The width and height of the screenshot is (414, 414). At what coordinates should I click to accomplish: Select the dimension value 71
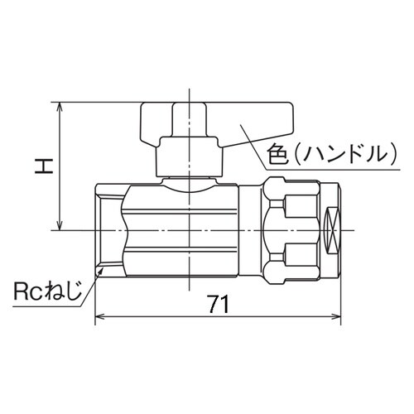218,304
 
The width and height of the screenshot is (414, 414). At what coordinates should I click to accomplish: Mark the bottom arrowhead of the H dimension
60,226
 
